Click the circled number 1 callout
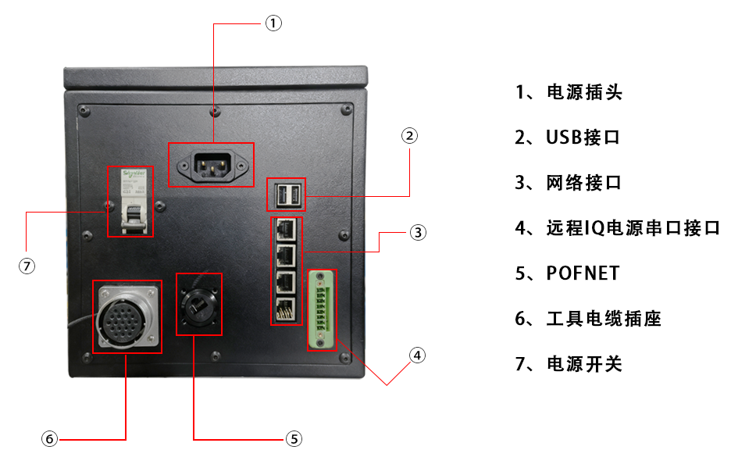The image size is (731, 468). click(273, 23)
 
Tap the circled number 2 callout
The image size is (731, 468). click(410, 136)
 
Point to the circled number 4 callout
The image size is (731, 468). click(418, 355)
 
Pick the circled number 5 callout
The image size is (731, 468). click(294, 439)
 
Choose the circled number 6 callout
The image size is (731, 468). click(50, 439)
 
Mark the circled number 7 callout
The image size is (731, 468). click(27, 266)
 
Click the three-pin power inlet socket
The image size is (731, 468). click(212, 165)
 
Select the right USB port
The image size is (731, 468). click(294, 195)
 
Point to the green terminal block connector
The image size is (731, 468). click(322, 310)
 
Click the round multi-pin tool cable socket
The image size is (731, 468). click(127, 317)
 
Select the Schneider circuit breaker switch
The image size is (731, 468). click(130, 202)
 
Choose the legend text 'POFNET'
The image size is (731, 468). click(583, 273)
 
